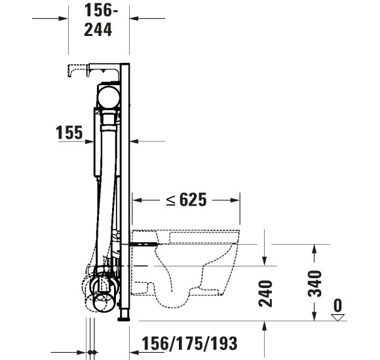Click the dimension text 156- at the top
102,10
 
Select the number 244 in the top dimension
98,29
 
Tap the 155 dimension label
69,133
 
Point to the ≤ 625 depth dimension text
185,200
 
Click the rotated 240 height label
265,293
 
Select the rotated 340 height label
314,283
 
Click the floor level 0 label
337,305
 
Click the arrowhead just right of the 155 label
92,140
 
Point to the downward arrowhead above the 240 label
265,261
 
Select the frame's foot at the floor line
123,319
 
